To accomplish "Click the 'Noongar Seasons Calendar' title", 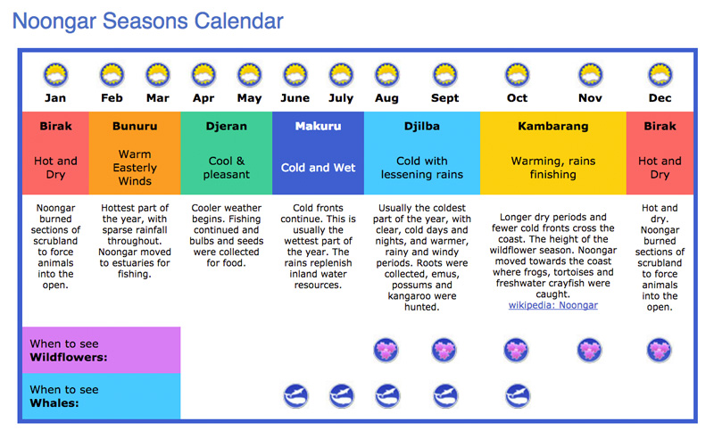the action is (x=147, y=21).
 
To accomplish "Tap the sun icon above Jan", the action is (x=55, y=75).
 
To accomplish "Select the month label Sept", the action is (x=444, y=98).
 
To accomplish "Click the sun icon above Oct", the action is (x=518, y=75).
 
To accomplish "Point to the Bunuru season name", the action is (x=135, y=126).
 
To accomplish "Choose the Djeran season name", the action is (x=227, y=126).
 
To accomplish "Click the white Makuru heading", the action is (x=318, y=126).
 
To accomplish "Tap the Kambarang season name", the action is (x=552, y=126).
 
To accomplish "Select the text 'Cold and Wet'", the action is (x=318, y=168).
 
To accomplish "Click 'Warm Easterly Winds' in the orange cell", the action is (x=135, y=168).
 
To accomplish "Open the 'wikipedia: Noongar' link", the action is (x=552, y=305).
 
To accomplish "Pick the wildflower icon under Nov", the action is (x=590, y=350).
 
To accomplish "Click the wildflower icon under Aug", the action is (x=386, y=350).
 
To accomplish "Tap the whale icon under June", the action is (x=296, y=396).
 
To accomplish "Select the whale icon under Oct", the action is (x=518, y=396).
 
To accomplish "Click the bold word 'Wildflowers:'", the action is (x=69, y=358).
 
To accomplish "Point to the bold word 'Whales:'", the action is (x=54, y=403).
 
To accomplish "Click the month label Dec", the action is (x=660, y=98).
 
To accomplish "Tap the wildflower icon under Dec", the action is (x=660, y=350).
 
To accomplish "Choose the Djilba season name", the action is (x=422, y=126).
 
